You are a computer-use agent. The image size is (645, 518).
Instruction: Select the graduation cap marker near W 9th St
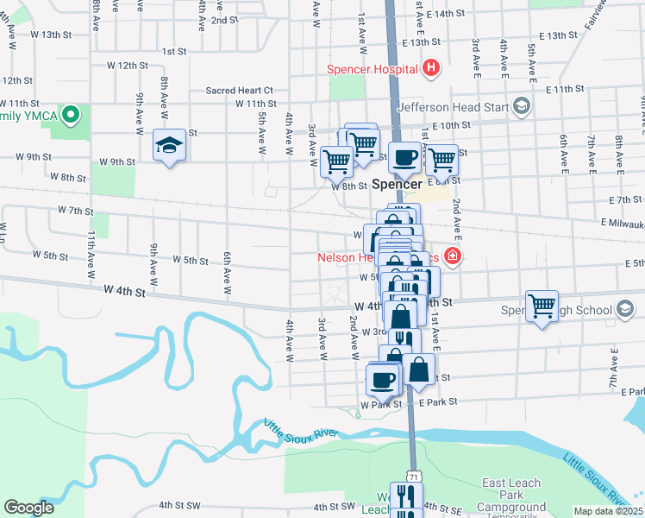169,145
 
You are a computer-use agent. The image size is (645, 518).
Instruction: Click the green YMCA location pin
74,114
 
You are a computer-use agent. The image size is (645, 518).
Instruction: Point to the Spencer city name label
398,184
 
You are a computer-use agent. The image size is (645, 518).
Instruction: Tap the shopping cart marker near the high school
542,306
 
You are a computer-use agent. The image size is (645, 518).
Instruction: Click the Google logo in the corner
28,508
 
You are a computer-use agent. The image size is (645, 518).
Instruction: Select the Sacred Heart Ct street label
239,90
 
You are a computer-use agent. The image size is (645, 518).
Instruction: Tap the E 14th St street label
446,15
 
